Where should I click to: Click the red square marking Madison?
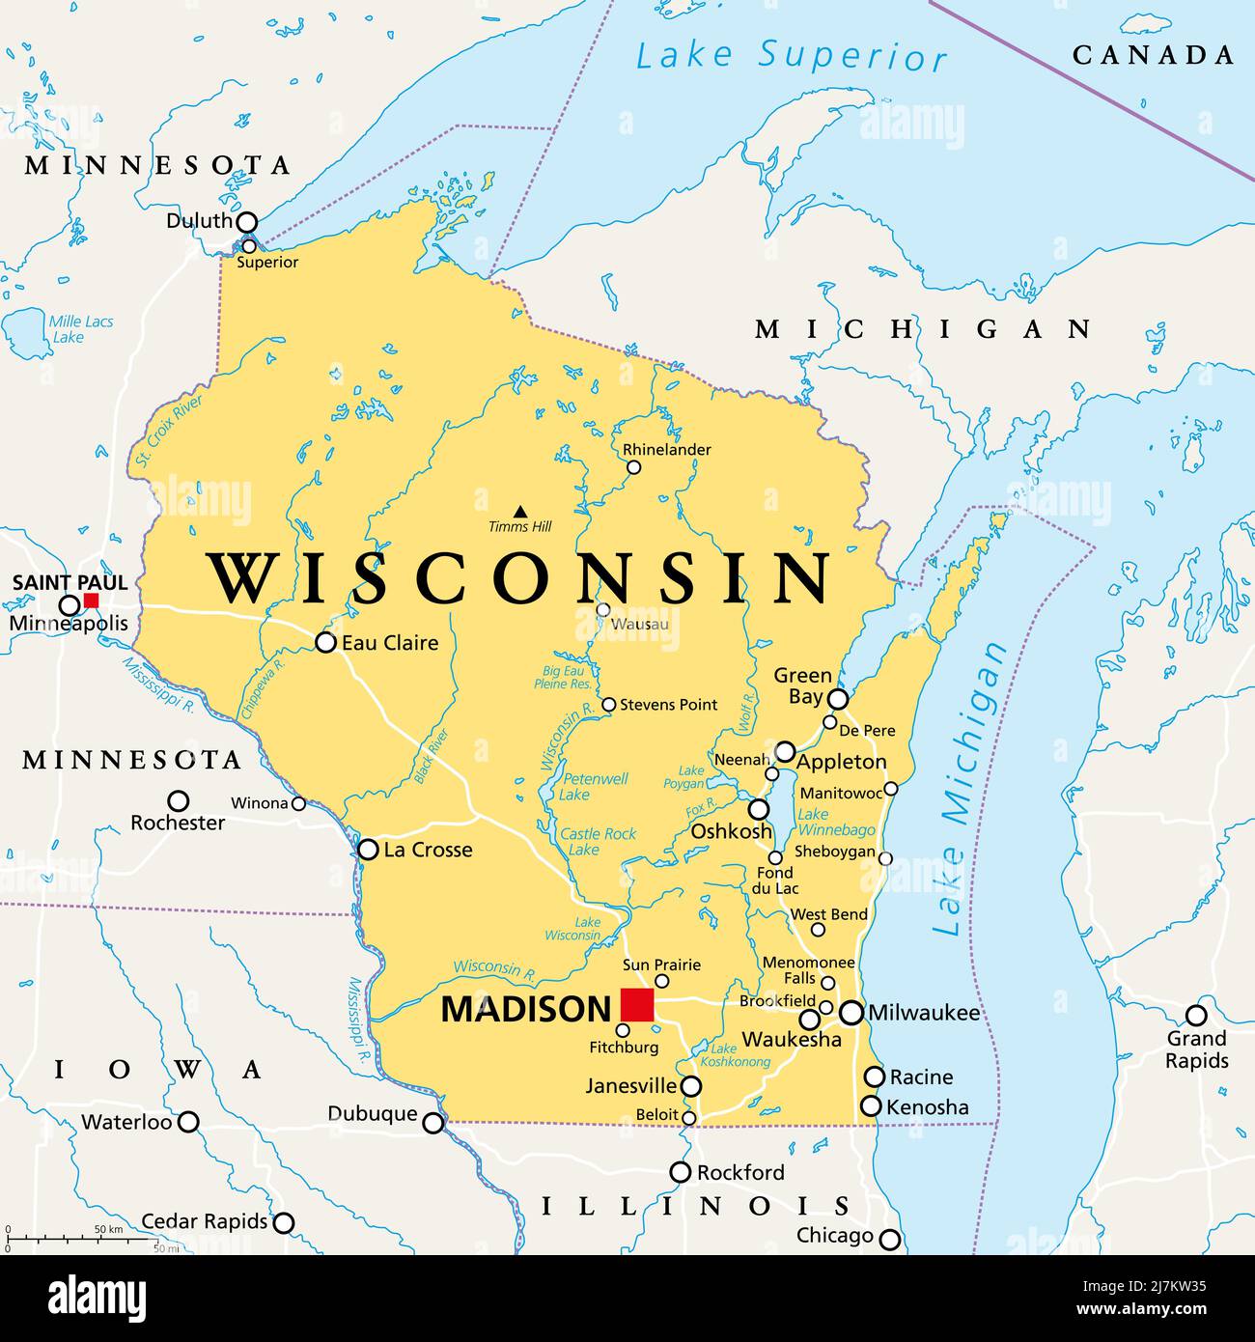[x=637, y=1005]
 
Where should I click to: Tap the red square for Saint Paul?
[x=91, y=601]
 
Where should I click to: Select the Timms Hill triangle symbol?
[x=520, y=512]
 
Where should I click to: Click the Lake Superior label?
[x=791, y=55]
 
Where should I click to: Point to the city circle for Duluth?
[x=247, y=223]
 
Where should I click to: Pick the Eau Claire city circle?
[x=326, y=642]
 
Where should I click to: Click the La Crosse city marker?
[x=368, y=850]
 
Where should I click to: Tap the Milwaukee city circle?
[x=851, y=1013]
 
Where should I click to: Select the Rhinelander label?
[x=666, y=449]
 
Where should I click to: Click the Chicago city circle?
[x=889, y=1239]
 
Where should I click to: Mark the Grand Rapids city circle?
[x=1196, y=1015]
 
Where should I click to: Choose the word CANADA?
[x=1153, y=55]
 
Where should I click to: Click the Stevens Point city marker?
[x=608, y=705]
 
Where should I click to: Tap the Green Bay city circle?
[x=838, y=699]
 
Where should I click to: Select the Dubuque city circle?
[x=433, y=1123]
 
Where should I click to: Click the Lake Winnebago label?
[x=836, y=822]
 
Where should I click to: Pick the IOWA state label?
[x=157, y=1069]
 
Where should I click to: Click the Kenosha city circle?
[x=871, y=1106]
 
